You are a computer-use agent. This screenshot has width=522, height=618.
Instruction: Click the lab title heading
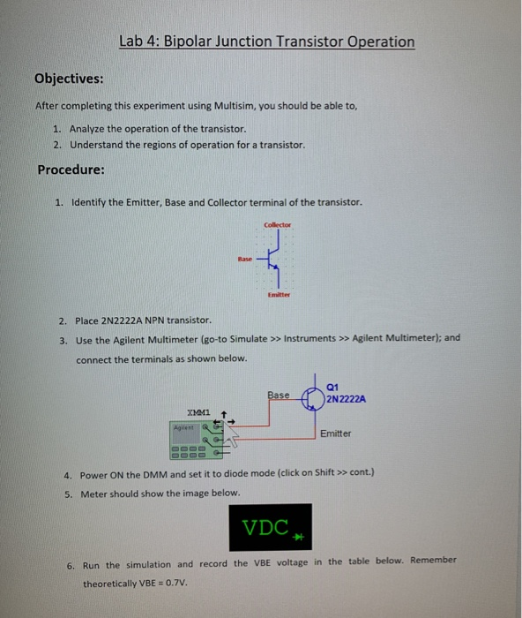tap(267, 41)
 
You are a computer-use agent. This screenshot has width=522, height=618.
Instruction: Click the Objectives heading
tap(69, 79)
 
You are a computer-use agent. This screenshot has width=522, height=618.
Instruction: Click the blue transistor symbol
tap(273, 260)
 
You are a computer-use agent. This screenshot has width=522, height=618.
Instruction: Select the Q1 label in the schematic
tap(332, 386)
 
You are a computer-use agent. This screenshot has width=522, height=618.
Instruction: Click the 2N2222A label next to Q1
tap(346, 398)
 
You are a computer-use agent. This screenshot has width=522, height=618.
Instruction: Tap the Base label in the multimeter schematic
tap(279, 395)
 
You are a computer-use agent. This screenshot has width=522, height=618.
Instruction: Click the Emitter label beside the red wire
tap(335, 433)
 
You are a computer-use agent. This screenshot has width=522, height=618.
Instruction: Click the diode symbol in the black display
tap(298, 536)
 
